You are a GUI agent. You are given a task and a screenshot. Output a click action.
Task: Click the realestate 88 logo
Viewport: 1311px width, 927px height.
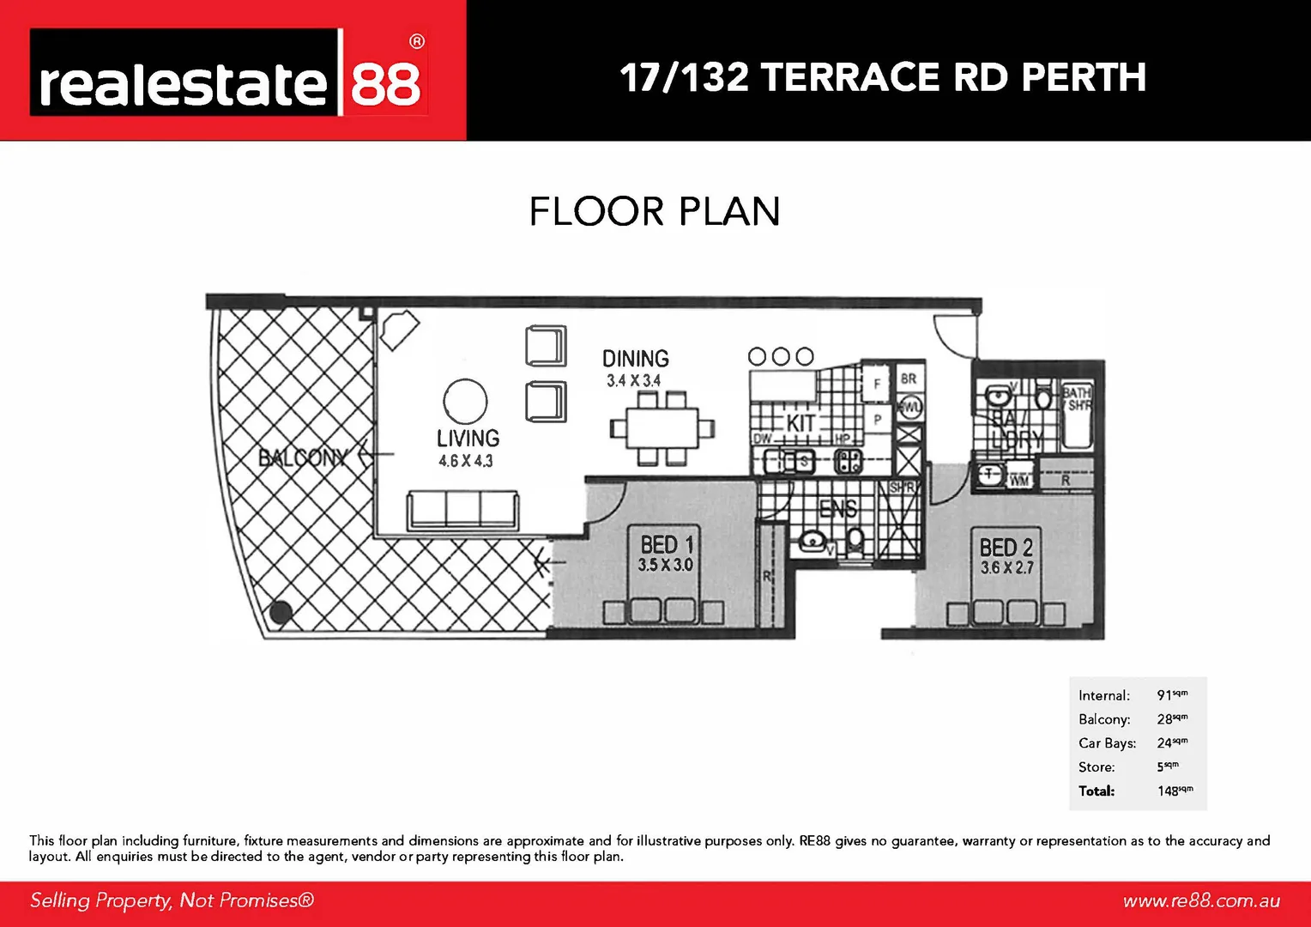229,74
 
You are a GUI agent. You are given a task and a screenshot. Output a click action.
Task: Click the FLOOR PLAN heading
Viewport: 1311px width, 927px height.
655,212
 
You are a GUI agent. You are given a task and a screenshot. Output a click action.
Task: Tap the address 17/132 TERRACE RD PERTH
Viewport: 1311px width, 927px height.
883,77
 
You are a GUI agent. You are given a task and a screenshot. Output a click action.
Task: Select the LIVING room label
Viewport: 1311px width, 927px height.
468,439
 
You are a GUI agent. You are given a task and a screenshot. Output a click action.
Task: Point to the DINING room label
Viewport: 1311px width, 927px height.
635,359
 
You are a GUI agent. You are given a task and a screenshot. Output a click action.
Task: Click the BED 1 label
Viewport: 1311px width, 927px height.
667,545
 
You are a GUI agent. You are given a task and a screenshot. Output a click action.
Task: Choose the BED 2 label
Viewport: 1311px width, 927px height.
1006,548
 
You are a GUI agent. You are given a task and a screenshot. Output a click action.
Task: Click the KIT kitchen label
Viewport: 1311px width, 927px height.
800,423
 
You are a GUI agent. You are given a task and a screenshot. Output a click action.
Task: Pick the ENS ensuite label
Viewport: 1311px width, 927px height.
837,509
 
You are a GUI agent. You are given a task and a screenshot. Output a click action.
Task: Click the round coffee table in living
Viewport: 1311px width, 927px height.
465,401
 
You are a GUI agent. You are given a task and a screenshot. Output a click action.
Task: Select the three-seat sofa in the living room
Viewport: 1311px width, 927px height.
462,511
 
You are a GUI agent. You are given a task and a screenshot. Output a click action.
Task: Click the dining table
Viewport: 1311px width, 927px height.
662,427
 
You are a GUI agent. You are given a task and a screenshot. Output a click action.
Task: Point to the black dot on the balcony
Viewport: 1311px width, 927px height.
281,612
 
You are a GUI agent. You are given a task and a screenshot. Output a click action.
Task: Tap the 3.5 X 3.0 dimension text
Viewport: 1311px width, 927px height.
665,565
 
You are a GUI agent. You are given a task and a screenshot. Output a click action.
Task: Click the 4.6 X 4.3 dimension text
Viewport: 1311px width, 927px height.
466,461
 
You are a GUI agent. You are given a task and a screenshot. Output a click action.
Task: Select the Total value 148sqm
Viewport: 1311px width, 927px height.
1175,791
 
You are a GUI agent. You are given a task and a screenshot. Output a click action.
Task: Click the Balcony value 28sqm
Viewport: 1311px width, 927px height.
1172,718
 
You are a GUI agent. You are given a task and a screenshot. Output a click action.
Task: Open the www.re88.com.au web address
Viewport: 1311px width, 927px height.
1201,900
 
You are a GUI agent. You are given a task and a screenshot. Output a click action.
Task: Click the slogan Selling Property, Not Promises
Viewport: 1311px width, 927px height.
172,900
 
